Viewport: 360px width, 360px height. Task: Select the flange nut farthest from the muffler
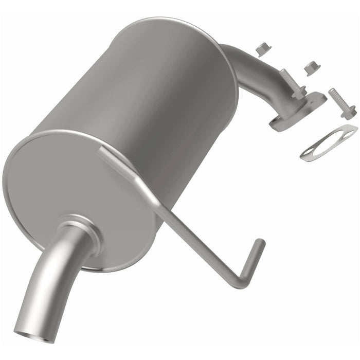pyautogui.click(x=312, y=67)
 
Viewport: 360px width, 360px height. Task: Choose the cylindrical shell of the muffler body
pyautogui.click(x=149, y=93)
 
